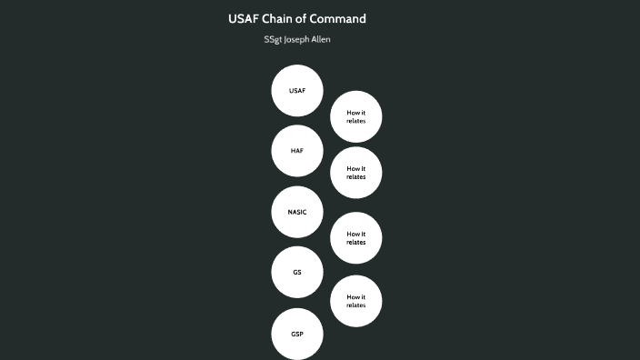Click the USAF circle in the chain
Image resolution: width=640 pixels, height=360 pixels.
tap(297, 91)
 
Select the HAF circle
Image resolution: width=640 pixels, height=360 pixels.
tap(297, 151)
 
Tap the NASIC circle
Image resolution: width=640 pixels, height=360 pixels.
tap(297, 212)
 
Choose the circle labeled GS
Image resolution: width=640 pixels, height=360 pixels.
tap(297, 272)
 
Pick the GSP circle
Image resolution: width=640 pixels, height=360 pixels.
tap(297, 334)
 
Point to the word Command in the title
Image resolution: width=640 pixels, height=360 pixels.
tap(338, 18)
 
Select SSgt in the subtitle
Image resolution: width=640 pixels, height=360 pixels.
tap(273, 40)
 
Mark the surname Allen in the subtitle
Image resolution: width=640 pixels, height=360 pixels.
tap(322, 40)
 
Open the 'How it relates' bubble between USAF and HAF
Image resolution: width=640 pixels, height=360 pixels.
tap(356, 116)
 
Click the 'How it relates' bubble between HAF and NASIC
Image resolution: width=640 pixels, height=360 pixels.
tap(356, 173)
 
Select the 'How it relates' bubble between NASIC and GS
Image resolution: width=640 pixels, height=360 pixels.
tap(356, 238)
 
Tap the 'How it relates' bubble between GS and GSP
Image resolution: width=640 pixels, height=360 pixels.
tap(356, 301)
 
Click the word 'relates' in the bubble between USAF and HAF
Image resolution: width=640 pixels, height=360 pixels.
tap(356, 121)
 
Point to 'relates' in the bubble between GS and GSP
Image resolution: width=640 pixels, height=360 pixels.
tap(356, 305)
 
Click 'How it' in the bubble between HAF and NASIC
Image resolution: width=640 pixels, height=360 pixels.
tap(356, 168)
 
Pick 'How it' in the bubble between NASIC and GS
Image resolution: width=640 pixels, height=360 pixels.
tap(356, 234)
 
